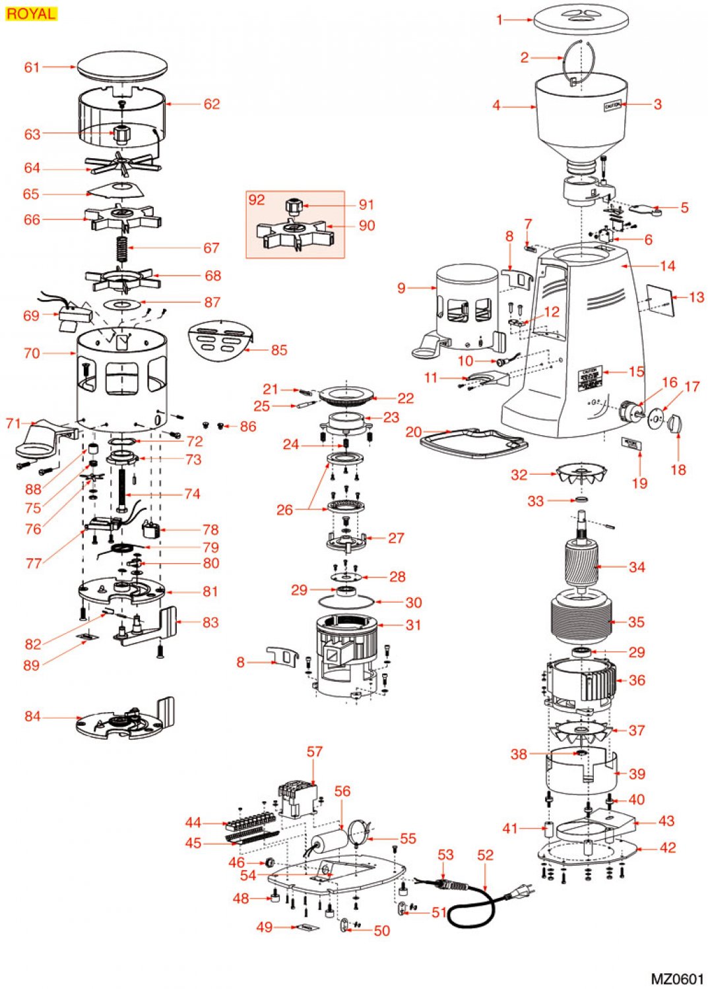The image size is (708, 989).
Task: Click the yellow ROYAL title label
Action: (31, 13)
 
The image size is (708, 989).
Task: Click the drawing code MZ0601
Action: (677, 978)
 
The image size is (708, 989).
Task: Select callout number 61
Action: (32, 67)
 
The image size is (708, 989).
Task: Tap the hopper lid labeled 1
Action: (579, 18)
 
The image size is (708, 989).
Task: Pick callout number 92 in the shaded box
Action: (256, 200)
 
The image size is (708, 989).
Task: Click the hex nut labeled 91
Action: (293, 206)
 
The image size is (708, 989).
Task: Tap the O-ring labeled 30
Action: (346, 601)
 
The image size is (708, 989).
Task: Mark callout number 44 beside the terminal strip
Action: (193, 822)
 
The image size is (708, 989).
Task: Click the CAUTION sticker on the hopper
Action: (612, 105)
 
